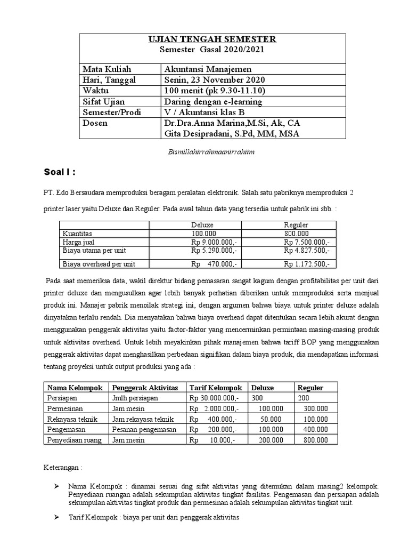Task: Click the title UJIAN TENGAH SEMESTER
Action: pos(212,39)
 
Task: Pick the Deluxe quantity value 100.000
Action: pos(205,234)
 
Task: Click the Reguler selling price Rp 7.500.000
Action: pos(306,242)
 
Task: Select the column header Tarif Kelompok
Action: pos(216,388)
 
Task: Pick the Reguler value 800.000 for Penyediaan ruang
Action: pos(315,440)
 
